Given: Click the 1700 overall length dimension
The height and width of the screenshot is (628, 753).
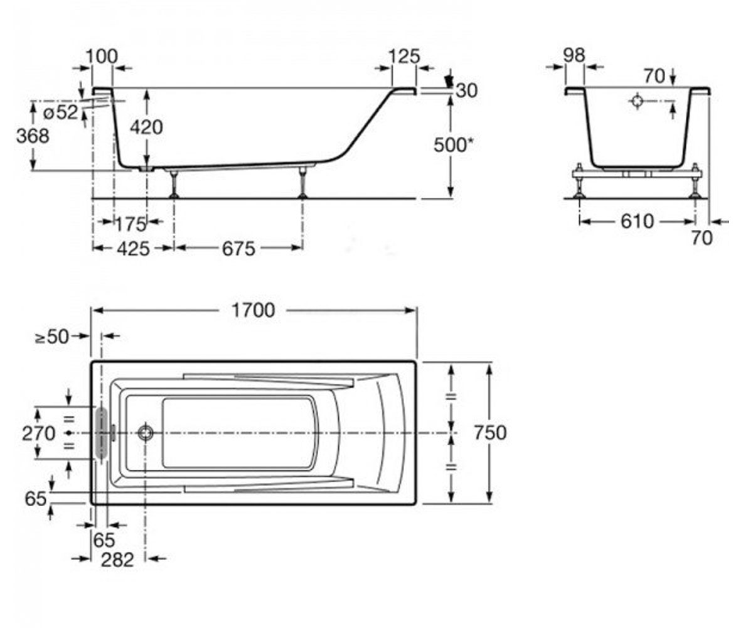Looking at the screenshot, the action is coord(253,310).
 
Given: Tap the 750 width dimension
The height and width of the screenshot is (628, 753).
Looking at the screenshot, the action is coord(490,433).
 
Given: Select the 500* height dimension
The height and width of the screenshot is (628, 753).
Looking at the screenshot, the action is coord(453,145).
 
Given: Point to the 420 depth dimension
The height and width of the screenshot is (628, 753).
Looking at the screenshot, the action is coord(146,127).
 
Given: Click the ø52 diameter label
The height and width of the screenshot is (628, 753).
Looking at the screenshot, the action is coord(61,112).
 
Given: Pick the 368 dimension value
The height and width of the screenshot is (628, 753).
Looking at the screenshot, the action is coord(33,136).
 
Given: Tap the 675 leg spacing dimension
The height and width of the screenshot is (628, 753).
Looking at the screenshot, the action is coord(238,249).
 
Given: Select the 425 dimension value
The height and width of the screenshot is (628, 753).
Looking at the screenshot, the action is coord(133,249).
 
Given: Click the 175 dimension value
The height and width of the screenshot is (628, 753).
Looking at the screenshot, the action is coord(131,224).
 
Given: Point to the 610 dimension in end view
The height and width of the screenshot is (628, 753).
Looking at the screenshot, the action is coord(637,221).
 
